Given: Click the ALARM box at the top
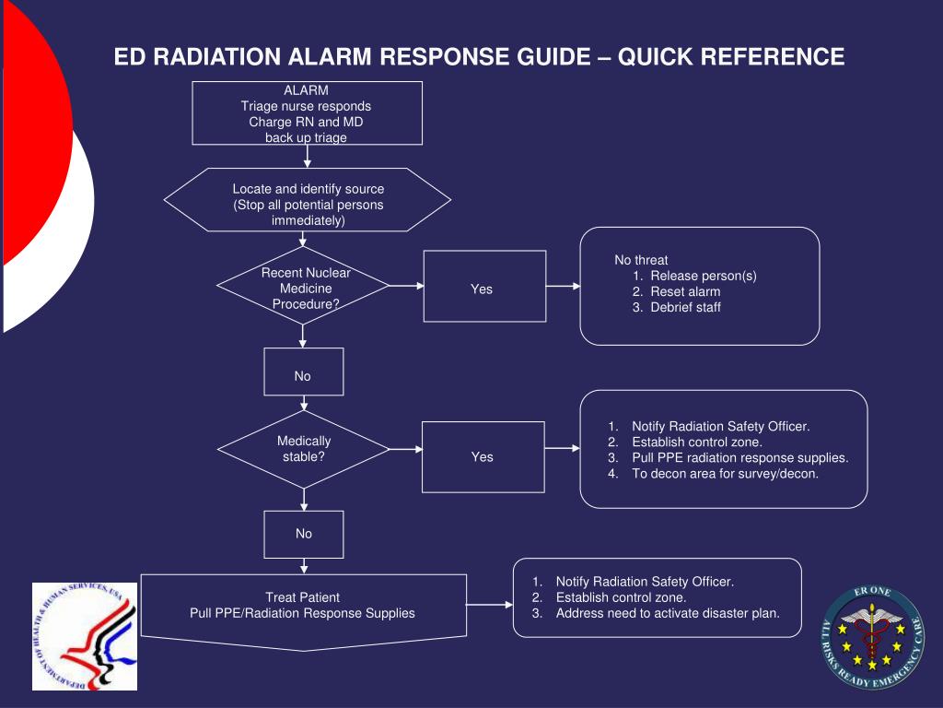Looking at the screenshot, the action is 307,113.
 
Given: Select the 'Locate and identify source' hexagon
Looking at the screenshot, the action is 307,200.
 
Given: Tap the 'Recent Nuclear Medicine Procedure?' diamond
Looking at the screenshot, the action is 303,286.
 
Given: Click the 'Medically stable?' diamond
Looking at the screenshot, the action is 303,449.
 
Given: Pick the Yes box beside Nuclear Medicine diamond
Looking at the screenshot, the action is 484,286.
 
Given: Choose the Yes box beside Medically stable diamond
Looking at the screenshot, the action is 483,457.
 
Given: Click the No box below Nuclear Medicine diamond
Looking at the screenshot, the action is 304,372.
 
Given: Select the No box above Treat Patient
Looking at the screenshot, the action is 304,535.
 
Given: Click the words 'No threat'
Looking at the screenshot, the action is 641,260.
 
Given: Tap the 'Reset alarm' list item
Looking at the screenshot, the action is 677,291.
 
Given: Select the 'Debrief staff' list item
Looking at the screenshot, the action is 677,307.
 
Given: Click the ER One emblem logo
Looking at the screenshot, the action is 873,637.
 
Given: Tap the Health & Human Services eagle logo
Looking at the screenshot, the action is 85,636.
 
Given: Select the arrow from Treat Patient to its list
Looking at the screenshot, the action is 490,605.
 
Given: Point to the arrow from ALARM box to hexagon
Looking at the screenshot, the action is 308,157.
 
